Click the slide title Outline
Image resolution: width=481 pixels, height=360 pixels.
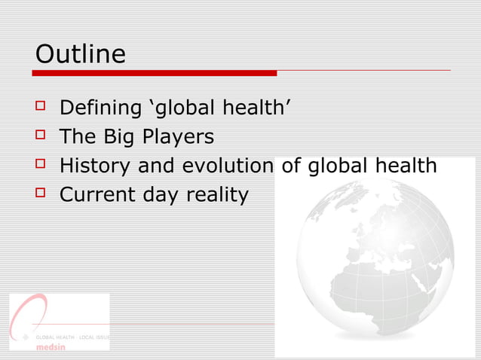[81, 54]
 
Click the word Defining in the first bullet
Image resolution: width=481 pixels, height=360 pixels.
[100, 109]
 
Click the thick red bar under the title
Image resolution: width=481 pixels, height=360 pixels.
[155, 73]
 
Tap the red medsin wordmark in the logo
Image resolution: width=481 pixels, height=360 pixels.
[51, 347]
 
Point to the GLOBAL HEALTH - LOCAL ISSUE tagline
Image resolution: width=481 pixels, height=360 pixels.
[72, 337]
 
